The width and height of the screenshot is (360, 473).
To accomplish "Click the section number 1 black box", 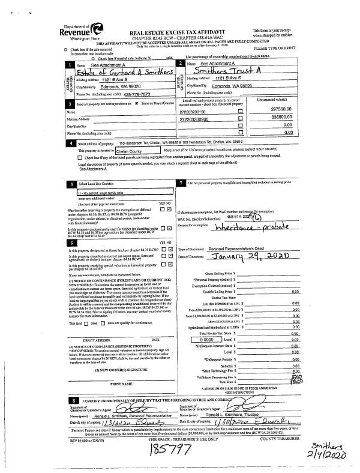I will tap(71, 63).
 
